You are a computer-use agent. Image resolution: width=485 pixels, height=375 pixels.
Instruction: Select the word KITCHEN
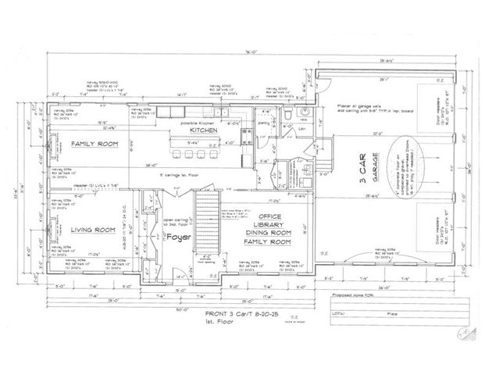point(201,130)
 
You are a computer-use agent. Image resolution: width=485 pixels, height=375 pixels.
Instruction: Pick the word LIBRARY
point(269,224)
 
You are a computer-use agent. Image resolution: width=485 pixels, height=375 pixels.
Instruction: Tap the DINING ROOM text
point(269,233)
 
